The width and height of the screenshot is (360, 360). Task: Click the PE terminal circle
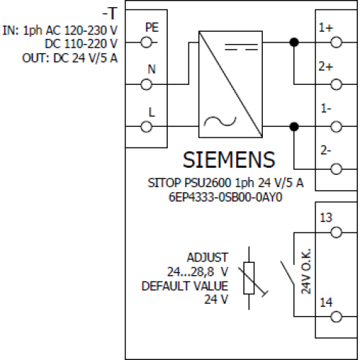(x=146, y=42)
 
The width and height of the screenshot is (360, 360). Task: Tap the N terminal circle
(x=146, y=85)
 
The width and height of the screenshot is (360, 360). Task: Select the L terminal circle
(x=146, y=127)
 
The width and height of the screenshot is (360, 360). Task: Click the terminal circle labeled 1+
(x=336, y=42)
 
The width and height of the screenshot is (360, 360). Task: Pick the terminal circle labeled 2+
(x=336, y=85)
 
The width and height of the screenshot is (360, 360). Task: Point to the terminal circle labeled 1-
(x=336, y=127)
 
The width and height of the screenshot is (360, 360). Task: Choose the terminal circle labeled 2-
(x=336, y=169)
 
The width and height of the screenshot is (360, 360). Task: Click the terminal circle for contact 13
(x=336, y=233)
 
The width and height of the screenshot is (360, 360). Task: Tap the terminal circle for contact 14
(x=336, y=317)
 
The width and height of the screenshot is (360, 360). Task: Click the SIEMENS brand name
(x=229, y=160)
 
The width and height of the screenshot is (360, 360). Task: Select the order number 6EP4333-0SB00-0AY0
(x=225, y=197)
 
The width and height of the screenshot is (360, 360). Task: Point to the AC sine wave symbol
(x=220, y=121)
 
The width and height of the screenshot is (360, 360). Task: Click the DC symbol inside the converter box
(x=241, y=47)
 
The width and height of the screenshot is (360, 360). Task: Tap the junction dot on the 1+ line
(x=294, y=42)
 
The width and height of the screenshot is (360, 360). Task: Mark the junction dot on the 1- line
(x=294, y=127)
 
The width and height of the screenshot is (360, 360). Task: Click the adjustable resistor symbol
(x=249, y=278)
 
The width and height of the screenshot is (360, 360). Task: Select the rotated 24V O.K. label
(x=306, y=271)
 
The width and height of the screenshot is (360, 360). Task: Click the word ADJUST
(x=207, y=258)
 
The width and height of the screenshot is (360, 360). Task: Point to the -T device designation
(x=110, y=14)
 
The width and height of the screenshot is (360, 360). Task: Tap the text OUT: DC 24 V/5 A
(x=70, y=58)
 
